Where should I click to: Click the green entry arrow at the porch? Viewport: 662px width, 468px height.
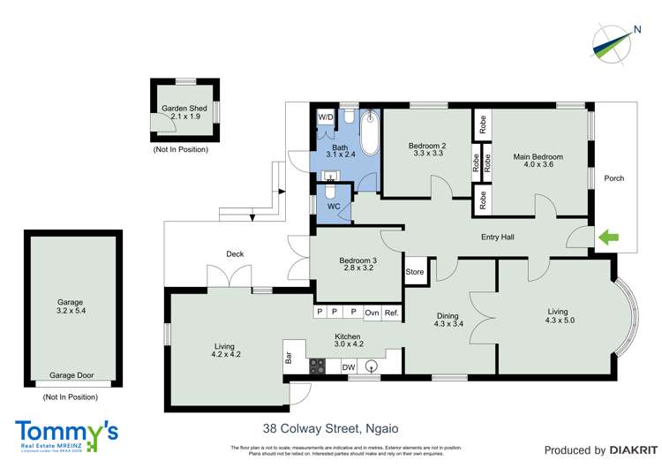coord(609,237)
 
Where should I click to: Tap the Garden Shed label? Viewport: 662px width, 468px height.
coord(184,109)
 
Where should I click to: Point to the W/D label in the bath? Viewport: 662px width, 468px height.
coord(326,117)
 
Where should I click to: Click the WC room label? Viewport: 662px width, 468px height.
coord(334,207)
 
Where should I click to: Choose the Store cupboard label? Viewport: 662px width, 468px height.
coord(415,272)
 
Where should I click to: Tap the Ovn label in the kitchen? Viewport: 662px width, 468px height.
coord(372,313)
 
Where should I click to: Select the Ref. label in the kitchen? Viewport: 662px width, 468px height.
coord(392,313)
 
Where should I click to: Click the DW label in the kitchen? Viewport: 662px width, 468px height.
coord(348,366)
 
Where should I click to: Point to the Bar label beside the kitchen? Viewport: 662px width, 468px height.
coord(289,359)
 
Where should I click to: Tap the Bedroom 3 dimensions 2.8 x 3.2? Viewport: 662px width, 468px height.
coord(357,268)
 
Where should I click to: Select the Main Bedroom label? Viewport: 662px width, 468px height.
coord(538,157)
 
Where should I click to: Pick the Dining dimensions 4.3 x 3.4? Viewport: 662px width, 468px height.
coord(449,323)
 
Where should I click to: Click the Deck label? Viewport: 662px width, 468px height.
coord(234,254)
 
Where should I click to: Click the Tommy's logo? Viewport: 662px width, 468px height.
coord(66,433)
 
